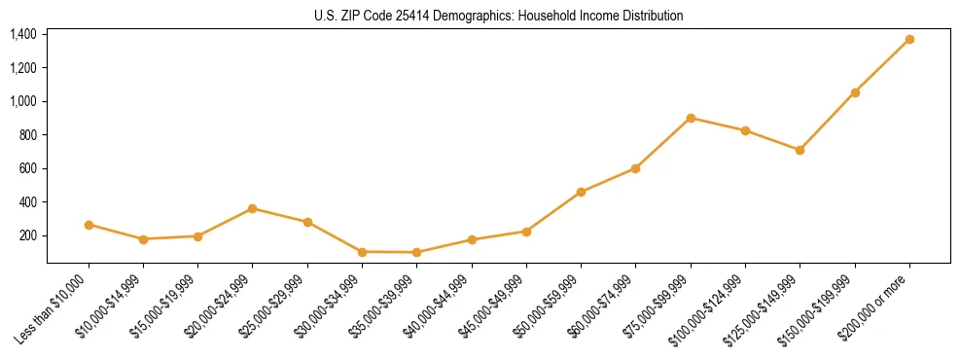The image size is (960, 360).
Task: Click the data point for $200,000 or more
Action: click(x=909, y=39)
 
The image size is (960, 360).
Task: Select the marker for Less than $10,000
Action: click(x=89, y=225)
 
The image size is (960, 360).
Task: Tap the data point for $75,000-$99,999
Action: click(x=691, y=118)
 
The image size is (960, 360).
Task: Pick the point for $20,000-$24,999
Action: click(x=253, y=208)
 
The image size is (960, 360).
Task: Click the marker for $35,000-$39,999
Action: click(x=416, y=252)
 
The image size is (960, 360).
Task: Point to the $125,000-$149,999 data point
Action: click(x=800, y=150)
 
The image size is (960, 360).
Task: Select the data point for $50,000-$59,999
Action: click(x=581, y=192)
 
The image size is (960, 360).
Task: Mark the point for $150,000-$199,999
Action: click(x=855, y=92)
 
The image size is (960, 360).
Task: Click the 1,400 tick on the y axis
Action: click(x=23, y=34)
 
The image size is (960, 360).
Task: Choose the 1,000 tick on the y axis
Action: click(x=23, y=101)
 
